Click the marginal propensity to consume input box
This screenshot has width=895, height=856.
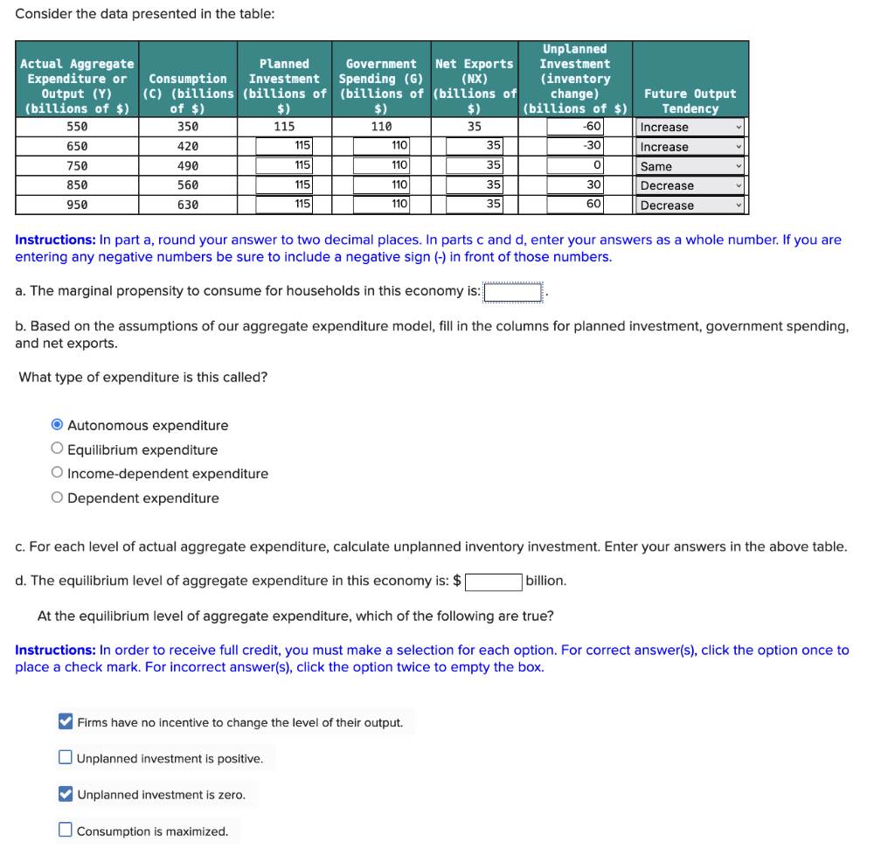pos(513,291)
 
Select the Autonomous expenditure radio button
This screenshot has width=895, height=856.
pos(57,426)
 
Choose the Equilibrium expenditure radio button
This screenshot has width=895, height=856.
pos(57,449)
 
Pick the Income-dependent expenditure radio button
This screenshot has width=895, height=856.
pos(57,474)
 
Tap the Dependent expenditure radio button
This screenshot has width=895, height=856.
pos(57,498)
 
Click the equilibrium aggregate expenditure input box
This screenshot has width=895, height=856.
pos(493,581)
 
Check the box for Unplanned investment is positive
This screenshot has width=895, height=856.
pos(66,758)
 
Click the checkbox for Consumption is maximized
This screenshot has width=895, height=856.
pos(66,831)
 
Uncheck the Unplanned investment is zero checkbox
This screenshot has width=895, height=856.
pos(66,794)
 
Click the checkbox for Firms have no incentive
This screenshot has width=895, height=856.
pos(66,722)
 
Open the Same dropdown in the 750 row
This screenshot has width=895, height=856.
pos(690,166)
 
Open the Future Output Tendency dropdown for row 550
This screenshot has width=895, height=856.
pos(690,127)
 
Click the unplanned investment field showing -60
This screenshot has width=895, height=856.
pos(576,127)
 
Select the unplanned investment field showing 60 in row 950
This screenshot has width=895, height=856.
pos(576,205)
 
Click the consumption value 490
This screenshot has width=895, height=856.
pos(187,166)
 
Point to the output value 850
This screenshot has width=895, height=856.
pos(77,185)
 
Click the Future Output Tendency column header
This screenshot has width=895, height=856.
pos(690,101)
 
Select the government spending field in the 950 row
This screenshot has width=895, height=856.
pos(381,205)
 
